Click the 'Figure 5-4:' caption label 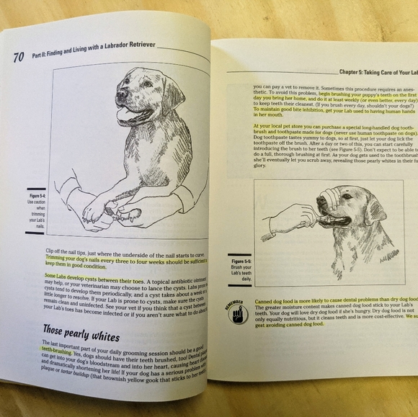35,196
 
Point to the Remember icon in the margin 236,312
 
